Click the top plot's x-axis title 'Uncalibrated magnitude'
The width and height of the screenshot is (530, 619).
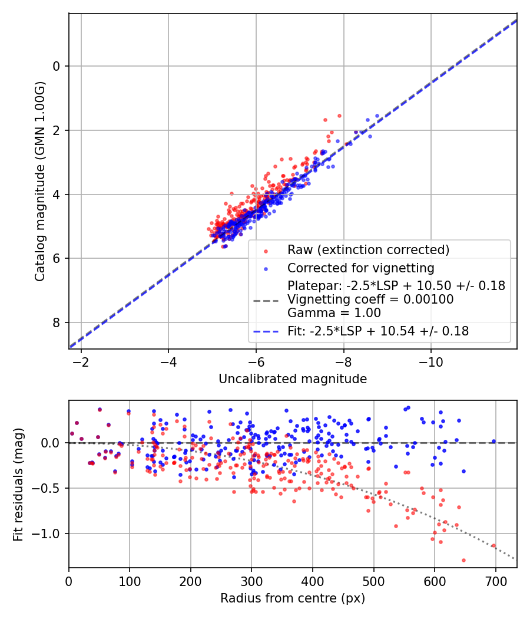(293, 379)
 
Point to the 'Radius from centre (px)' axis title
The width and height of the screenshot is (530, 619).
(293, 598)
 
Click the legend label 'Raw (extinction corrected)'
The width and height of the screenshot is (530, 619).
(368, 249)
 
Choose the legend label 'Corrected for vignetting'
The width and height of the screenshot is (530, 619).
(360, 268)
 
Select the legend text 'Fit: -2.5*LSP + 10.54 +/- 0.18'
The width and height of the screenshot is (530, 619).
(378, 331)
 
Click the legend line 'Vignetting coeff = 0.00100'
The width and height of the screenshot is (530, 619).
(370, 299)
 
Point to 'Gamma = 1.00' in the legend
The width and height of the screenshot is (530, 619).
(334, 313)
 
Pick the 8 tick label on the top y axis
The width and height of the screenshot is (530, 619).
(57, 322)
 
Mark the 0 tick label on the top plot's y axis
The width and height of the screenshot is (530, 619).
(57, 66)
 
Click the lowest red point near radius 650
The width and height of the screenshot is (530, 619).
(463, 560)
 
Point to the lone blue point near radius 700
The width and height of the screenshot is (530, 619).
(493, 441)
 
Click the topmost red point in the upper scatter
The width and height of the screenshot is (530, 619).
(339, 116)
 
